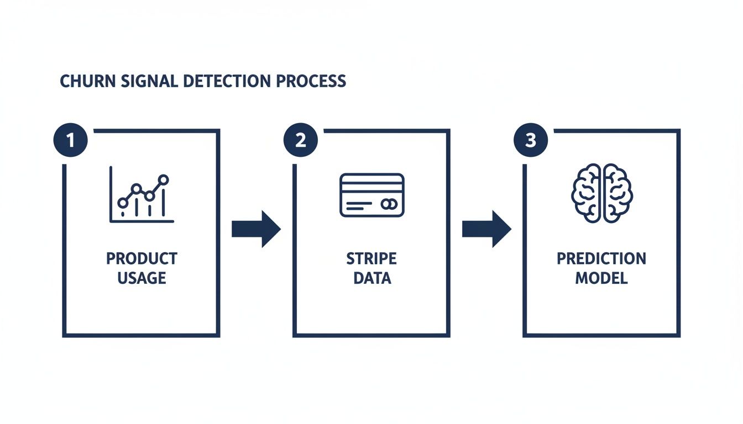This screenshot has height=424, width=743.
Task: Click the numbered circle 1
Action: pyautogui.click(x=70, y=140)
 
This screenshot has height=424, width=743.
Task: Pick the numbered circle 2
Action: pyautogui.click(x=300, y=140)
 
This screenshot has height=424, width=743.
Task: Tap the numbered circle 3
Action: pyautogui.click(x=531, y=140)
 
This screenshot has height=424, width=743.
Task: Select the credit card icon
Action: pyautogui.click(x=371, y=194)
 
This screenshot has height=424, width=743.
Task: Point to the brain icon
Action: pyautogui.click(x=601, y=193)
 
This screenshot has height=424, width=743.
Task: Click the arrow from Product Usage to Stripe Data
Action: pyautogui.click(x=255, y=229)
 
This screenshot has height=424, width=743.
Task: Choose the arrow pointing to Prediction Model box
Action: pyautogui.click(x=486, y=229)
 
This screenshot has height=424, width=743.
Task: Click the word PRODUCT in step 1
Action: pyautogui.click(x=142, y=258)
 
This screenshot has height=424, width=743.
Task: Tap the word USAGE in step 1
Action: pyautogui.click(x=142, y=278)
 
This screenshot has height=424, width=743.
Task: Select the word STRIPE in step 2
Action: pyautogui.click(x=371, y=258)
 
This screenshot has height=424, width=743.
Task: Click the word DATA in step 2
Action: pyautogui.click(x=371, y=278)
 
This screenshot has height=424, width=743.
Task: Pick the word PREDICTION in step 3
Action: pyautogui.click(x=601, y=258)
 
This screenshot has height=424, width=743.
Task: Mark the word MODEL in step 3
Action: pyautogui.click(x=601, y=278)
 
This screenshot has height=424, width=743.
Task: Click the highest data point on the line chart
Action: pyautogui.click(x=163, y=179)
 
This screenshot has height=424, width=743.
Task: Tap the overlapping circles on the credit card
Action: pyautogui.click(x=388, y=204)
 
